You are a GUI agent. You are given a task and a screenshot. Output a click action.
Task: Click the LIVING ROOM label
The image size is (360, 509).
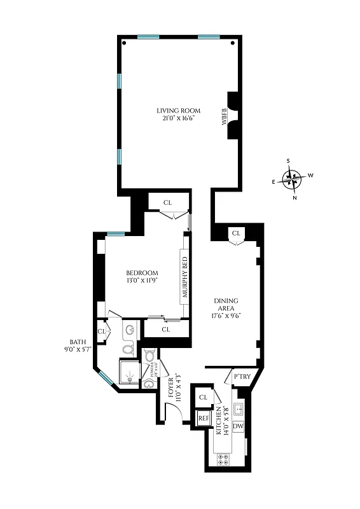179,111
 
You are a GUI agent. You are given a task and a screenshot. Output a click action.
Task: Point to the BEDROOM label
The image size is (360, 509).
141,273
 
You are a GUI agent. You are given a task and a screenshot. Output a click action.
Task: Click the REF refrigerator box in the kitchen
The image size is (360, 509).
204,418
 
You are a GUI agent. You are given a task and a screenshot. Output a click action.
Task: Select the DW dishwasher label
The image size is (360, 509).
239,426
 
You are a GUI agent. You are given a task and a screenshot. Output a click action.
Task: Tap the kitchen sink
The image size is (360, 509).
239,408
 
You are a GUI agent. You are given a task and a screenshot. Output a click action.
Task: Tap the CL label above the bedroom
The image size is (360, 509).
168,203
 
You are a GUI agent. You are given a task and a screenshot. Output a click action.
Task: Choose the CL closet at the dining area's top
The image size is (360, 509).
236,233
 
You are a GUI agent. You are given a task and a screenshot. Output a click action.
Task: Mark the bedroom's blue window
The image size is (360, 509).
115,233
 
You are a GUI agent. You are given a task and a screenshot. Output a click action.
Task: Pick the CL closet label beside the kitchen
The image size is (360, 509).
204,397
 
